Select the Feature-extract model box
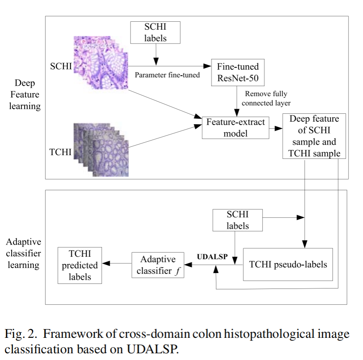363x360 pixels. pos(236,127)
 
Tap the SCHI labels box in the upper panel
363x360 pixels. pos(156,33)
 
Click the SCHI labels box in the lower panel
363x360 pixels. pos(238,220)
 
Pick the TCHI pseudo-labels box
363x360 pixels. pos(288,265)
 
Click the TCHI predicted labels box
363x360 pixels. pos(79,265)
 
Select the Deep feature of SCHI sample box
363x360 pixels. pos(314,136)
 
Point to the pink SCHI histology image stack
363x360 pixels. pos(101,64)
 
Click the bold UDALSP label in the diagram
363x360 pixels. pos(212,257)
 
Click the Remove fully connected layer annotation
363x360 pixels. pos(266,98)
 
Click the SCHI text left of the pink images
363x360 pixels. pos(60,66)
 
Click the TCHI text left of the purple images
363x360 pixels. pos(60,152)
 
